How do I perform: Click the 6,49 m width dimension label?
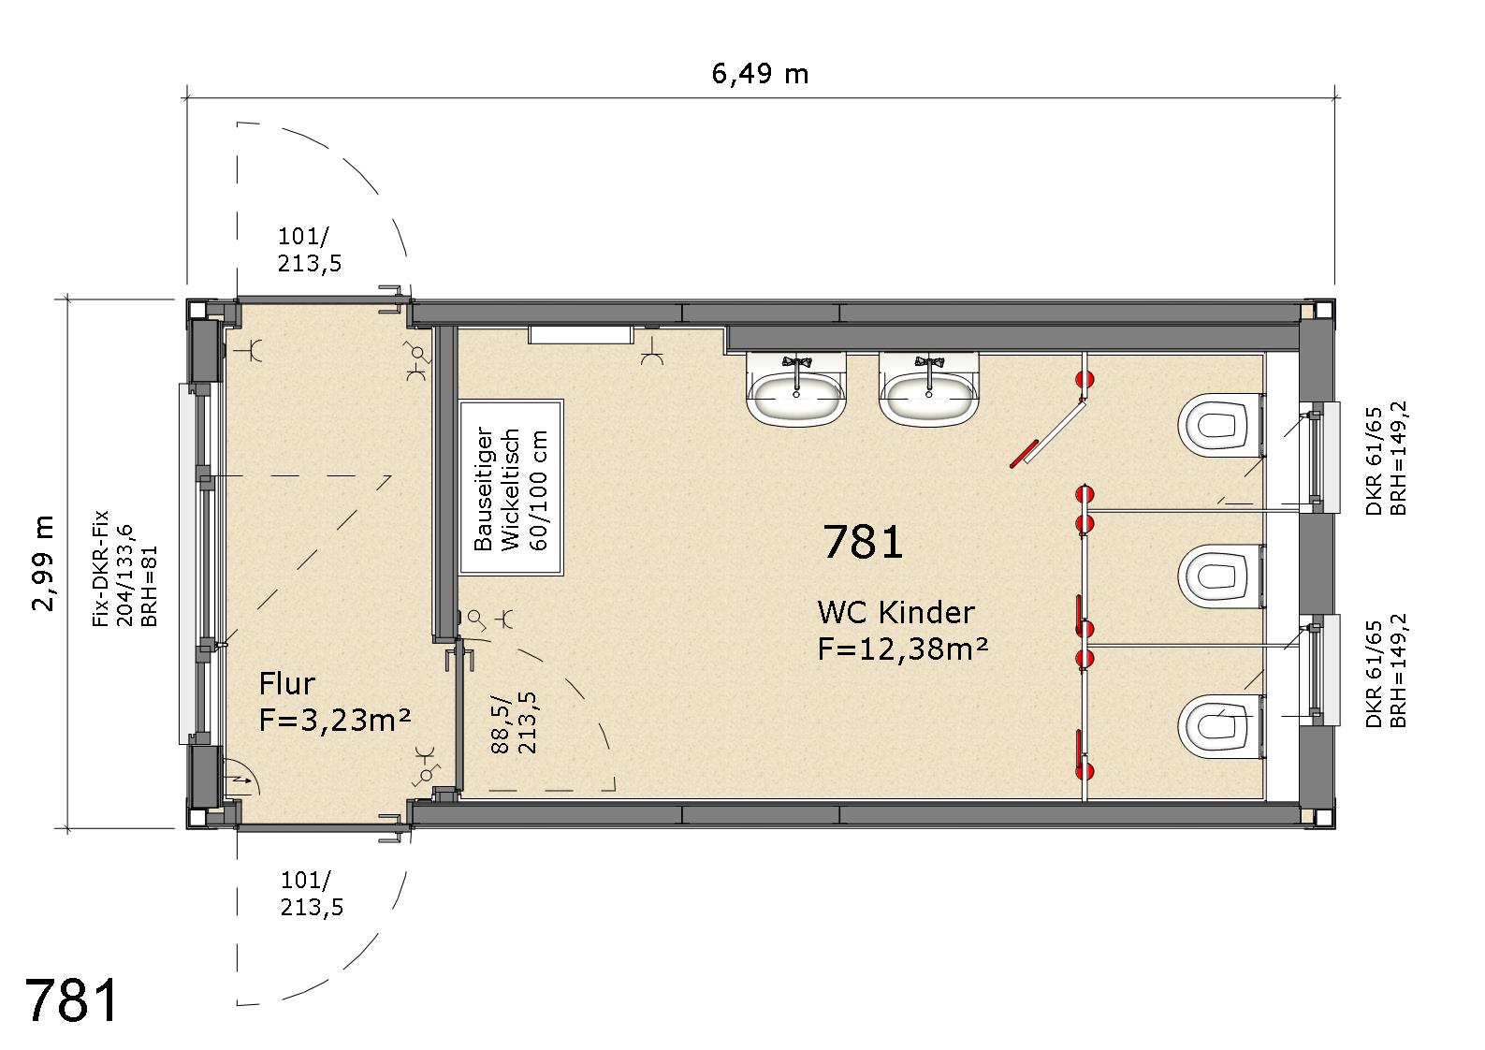click(x=760, y=74)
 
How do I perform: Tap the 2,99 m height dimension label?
click(x=43, y=562)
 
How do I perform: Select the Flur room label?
click(x=286, y=683)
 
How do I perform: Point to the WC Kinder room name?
click(x=895, y=612)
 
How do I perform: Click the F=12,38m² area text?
click(x=903, y=649)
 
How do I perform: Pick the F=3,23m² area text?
click(x=335, y=720)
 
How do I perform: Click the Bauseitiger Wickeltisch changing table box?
click(x=511, y=488)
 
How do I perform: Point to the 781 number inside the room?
click(x=863, y=542)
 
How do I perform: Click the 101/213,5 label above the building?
click(x=309, y=250)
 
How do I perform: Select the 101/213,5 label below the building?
click(x=312, y=894)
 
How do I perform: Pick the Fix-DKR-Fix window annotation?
click(x=125, y=568)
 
